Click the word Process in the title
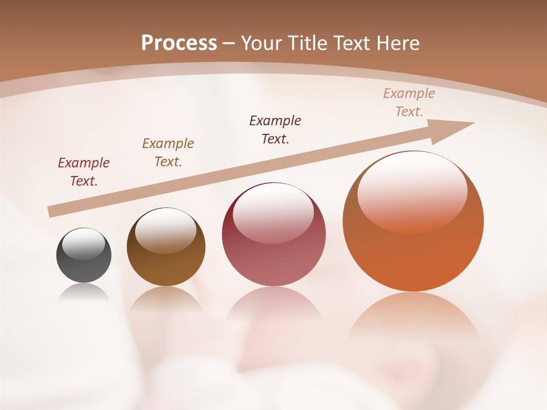coord(179,43)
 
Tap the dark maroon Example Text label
coord(275,130)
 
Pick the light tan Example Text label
coord(409,102)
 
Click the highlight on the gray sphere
coord(84,244)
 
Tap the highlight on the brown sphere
coord(165,229)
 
